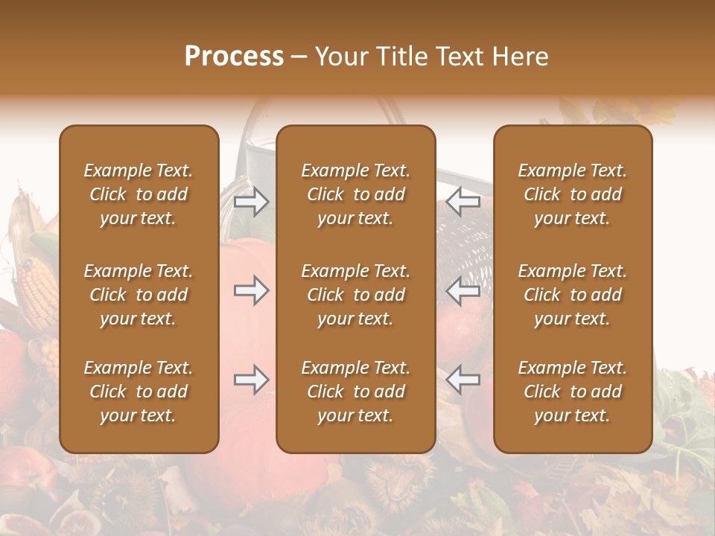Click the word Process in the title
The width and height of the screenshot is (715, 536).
(x=234, y=57)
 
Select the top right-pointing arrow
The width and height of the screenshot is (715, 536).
(x=252, y=202)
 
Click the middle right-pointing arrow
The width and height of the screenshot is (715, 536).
(x=252, y=290)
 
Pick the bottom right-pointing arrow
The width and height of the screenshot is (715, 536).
(x=252, y=380)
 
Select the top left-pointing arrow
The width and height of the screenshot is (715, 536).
(x=463, y=202)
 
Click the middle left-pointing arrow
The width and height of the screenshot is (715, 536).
(x=463, y=290)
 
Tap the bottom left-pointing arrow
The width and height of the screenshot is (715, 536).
(x=463, y=380)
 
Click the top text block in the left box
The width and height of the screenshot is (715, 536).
(x=139, y=194)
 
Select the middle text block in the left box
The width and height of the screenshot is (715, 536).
(x=139, y=295)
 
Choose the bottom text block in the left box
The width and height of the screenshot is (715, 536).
(x=139, y=392)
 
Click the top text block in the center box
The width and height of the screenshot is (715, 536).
(x=356, y=194)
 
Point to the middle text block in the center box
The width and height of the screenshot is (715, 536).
(x=356, y=295)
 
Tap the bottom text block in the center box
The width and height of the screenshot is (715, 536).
(x=356, y=392)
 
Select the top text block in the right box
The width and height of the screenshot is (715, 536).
(x=573, y=194)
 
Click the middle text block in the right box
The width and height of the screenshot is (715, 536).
(x=573, y=295)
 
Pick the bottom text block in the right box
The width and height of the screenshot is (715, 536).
(x=573, y=392)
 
